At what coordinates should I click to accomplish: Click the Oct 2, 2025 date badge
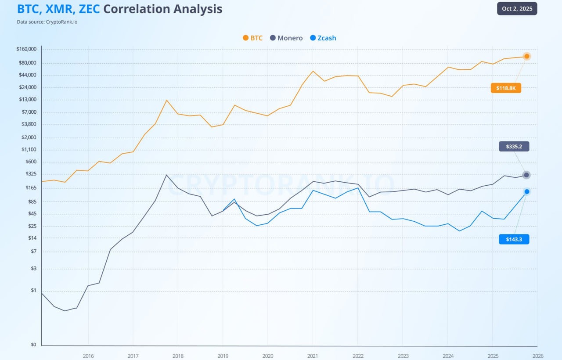click(517, 9)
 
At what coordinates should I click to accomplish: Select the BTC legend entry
click(252, 38)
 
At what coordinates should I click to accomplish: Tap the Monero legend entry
click(286, 38)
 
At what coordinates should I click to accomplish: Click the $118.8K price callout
click(506, 88)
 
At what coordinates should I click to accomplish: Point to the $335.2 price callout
click(514, 147)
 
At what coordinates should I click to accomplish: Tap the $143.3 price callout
click(514, 239)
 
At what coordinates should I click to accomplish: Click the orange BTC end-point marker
click(527, 56)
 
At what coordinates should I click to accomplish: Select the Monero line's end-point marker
click(526, 175)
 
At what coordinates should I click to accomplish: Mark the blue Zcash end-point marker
click(527, 191)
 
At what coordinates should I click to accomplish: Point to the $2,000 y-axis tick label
click(29, 137)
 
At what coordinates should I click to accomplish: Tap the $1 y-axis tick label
click(33, 290)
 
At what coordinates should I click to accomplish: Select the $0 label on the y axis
click(33, 345)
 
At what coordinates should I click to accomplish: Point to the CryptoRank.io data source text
click(61, 22)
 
